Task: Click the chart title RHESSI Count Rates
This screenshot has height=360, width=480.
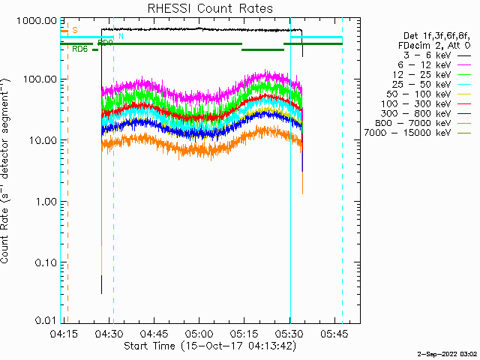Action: click(x=204, y=8)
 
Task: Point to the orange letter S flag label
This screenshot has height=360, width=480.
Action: click(x=74, y=30)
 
